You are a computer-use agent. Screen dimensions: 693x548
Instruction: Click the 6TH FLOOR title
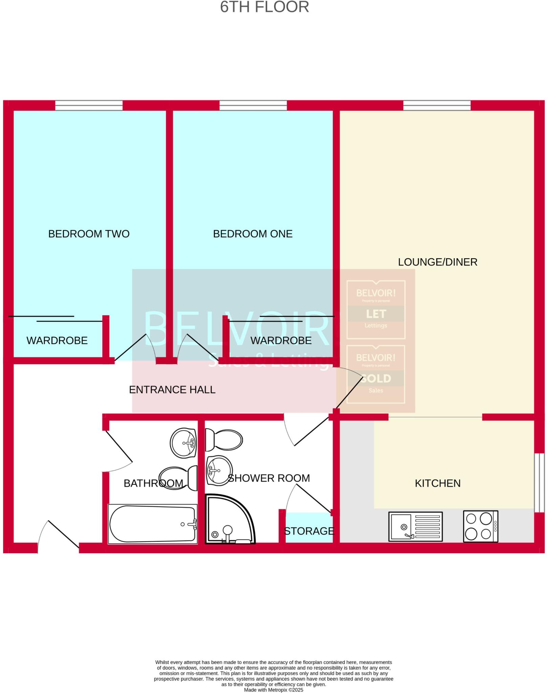(x=264, y=7)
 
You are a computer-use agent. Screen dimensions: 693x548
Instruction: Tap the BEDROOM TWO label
(x=89, y=234)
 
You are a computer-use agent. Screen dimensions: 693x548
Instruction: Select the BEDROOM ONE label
(x=253, y=234)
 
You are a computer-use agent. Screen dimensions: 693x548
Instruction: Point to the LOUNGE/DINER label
(x=437, y=262)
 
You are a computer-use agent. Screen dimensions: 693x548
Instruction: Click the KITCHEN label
(x=437, y=483)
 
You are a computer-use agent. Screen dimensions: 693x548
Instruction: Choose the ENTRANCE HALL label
(x=172, y=390)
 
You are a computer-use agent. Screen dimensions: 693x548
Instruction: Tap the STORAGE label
(x=309, y=531)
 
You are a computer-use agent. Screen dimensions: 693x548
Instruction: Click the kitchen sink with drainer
(x=415, y=526)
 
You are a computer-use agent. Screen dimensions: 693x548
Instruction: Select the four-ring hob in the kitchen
(x=480, y=526)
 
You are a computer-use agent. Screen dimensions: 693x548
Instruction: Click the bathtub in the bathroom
(x=152, y=524)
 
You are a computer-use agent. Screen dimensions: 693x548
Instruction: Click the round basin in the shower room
(x=219, y=470)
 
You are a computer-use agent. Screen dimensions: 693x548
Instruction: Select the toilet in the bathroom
(x=178, y=477)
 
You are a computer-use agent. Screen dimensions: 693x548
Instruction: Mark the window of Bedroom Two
(x=89, y=106)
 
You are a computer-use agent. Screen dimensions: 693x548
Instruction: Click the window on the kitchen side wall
(x=539, y=483)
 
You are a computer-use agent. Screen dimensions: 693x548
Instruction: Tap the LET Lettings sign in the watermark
(x=376, y=310)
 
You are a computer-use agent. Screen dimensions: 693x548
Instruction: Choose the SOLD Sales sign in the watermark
(x=376, y=374)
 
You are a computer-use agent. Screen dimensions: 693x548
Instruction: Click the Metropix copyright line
(x=273, y=690)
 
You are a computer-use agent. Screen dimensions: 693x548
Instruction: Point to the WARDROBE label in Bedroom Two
(x=57, y=340)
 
